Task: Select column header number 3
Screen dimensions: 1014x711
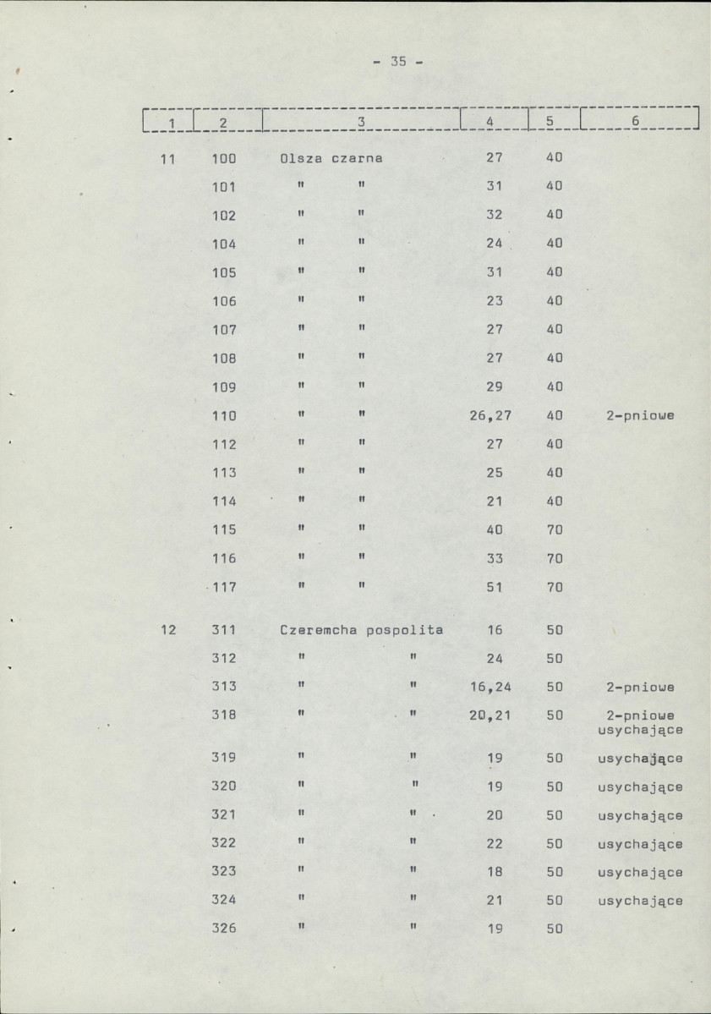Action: [360, 122]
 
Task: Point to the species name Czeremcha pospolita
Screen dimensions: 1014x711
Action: [362, 630]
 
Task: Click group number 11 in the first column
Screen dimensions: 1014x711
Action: [167, 157]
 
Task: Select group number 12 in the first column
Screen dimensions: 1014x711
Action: [167, 630]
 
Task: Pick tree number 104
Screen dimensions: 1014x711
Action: [223, 244]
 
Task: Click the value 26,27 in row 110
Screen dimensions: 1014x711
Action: [495, 416]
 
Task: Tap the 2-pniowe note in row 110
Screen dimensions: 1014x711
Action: [639, 416]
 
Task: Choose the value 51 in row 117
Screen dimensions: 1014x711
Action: [495, 587]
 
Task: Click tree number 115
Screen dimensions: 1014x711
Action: [223, 530]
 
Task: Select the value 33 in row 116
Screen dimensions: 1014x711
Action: [495, 558]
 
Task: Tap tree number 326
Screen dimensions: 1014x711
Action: [223, 929]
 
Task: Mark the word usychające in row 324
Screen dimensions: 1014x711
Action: [640, 902]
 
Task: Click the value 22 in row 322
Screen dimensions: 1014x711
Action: [495, 844]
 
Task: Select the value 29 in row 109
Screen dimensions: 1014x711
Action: [495, 387]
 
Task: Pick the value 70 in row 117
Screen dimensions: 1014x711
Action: [555, 587]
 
